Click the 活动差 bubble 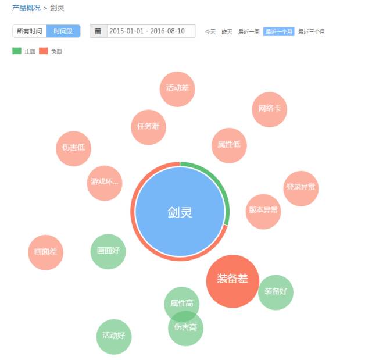pyautogui.click(x=177, y=89)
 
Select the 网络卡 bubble pyautogui.click(x=269, y=109)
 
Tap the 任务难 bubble pyautogui.click(x=148, y=127)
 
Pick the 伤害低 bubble pyautogui.click(x=73, y=148)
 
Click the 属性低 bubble pyautogui.click(x=229, y=145)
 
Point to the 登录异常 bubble pyautogui.click(x=301, y=188)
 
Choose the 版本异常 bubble pyautogui.click(x=263, y=211)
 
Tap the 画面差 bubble pyautogui.click(x=45, y=252)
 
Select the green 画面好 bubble pyautogui.click(x=108, y=252)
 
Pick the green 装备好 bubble pyautogui.click(x=276, y=292)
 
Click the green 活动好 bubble pyautogui.click(x=114, y=337)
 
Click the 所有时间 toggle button pyautogui.click(x=30, y=31)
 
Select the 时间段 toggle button pyautogui.click(x=63, y=31)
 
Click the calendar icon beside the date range pyautogui.click(x=98, y=31)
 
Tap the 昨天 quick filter pyautogui.click(x=227, y=31)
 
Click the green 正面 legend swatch pyautogui.click(x=17, y=51)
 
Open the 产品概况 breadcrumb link pyautogui.click(x=26, y=8)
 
